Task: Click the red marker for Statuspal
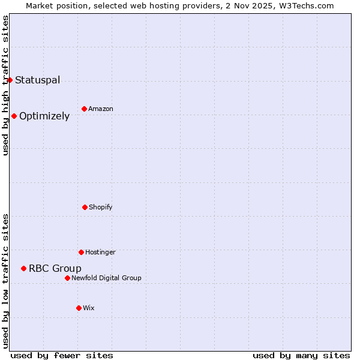[10, 80]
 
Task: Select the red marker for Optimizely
[14, 116]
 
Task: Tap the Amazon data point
[84, 109]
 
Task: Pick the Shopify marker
[85, 207]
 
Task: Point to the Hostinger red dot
[81, 252]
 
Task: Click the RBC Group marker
[23, 268]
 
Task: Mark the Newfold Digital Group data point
[67, 278]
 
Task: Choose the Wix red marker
[79, 308]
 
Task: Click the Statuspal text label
[37, 80]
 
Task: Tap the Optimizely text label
[44, 116]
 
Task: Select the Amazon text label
[101, 109]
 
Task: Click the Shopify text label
[101, 207]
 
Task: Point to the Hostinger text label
[100, 252]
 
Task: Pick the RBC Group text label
[55, 268]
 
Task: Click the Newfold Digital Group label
[106, 278]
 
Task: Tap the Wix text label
[89, 308]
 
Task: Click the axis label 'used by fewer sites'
[62, 355]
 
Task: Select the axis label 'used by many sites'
[301, 355]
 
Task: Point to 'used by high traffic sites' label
[5, 85]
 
